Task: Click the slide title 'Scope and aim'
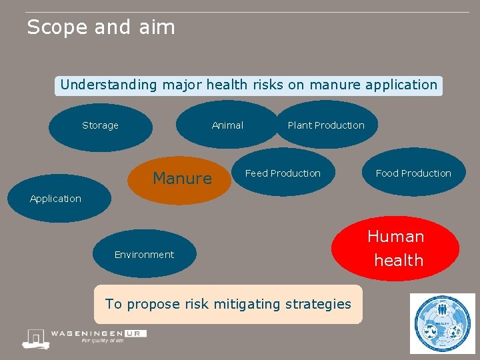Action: pos(101,27)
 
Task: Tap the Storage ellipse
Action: pos(100,125)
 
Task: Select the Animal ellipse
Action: pos(227,125)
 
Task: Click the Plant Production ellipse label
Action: pos(326,125)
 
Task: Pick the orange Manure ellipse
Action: pos(181,179)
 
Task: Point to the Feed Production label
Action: pos(283,173)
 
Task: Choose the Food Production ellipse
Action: pos(413,173)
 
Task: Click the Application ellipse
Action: pos(56,199)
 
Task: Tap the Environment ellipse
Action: pos(144,255)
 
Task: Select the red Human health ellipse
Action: pos(397,248)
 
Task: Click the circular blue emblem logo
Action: pos(442,323)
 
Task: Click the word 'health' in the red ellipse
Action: pos(399,261)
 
